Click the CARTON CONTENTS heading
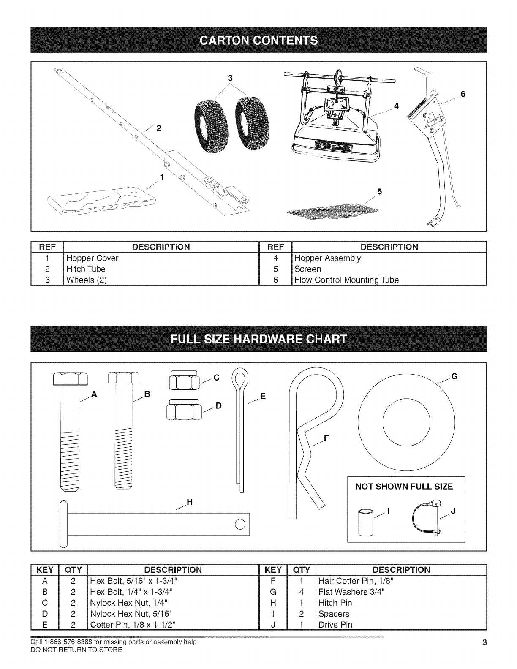point(258,40)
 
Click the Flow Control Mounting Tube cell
point(346,280)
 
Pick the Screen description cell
point(307,269)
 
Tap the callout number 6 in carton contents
point(463,95)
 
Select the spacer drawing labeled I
point(365,522)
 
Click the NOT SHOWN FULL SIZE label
point(404,486)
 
